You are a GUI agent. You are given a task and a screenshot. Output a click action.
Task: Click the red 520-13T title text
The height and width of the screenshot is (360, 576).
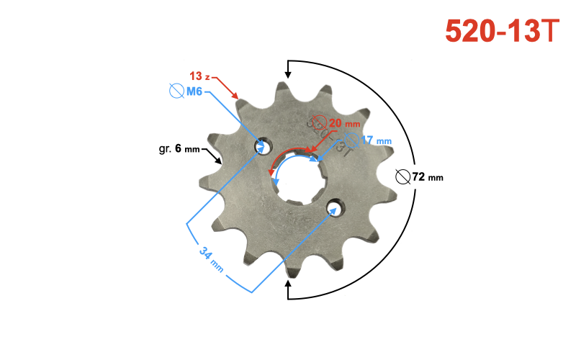[502, 30]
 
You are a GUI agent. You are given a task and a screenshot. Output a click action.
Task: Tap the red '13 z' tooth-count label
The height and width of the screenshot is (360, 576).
[199, 76]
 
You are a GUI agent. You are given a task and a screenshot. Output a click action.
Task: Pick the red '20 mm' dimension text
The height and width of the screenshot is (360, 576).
[344, 123]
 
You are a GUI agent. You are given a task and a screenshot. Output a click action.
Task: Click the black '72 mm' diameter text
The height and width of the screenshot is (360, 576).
[428, 176]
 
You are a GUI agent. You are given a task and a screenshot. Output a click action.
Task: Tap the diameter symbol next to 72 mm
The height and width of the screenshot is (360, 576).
[403, 176]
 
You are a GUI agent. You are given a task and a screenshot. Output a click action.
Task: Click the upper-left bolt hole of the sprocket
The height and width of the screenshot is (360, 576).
[261, 147]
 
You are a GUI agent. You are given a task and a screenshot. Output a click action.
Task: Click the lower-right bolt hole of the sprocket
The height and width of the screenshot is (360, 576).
[333, 209]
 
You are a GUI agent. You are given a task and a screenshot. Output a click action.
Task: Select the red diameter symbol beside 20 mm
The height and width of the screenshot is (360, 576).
[319, 123]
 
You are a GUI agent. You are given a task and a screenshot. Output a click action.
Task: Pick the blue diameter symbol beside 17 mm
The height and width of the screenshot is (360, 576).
[352, 140]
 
